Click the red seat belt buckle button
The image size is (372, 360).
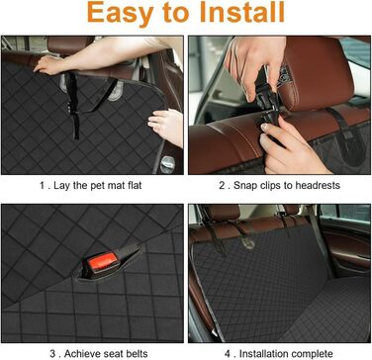coord(103,262)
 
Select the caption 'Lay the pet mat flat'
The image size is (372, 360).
coord(98,185)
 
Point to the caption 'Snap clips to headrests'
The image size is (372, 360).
coord(287,185)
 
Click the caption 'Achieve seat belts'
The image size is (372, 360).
coord(106,354)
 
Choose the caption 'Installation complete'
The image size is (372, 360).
coord(286,354)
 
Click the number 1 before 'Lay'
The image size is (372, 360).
coord(43,186)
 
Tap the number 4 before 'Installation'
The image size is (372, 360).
coord(228,354)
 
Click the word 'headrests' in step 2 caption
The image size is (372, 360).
coord(318,185)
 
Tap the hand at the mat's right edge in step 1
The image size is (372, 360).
coord(166,127)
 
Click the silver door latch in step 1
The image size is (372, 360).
coord(167,164)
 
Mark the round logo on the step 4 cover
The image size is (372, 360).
coord(249,243)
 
